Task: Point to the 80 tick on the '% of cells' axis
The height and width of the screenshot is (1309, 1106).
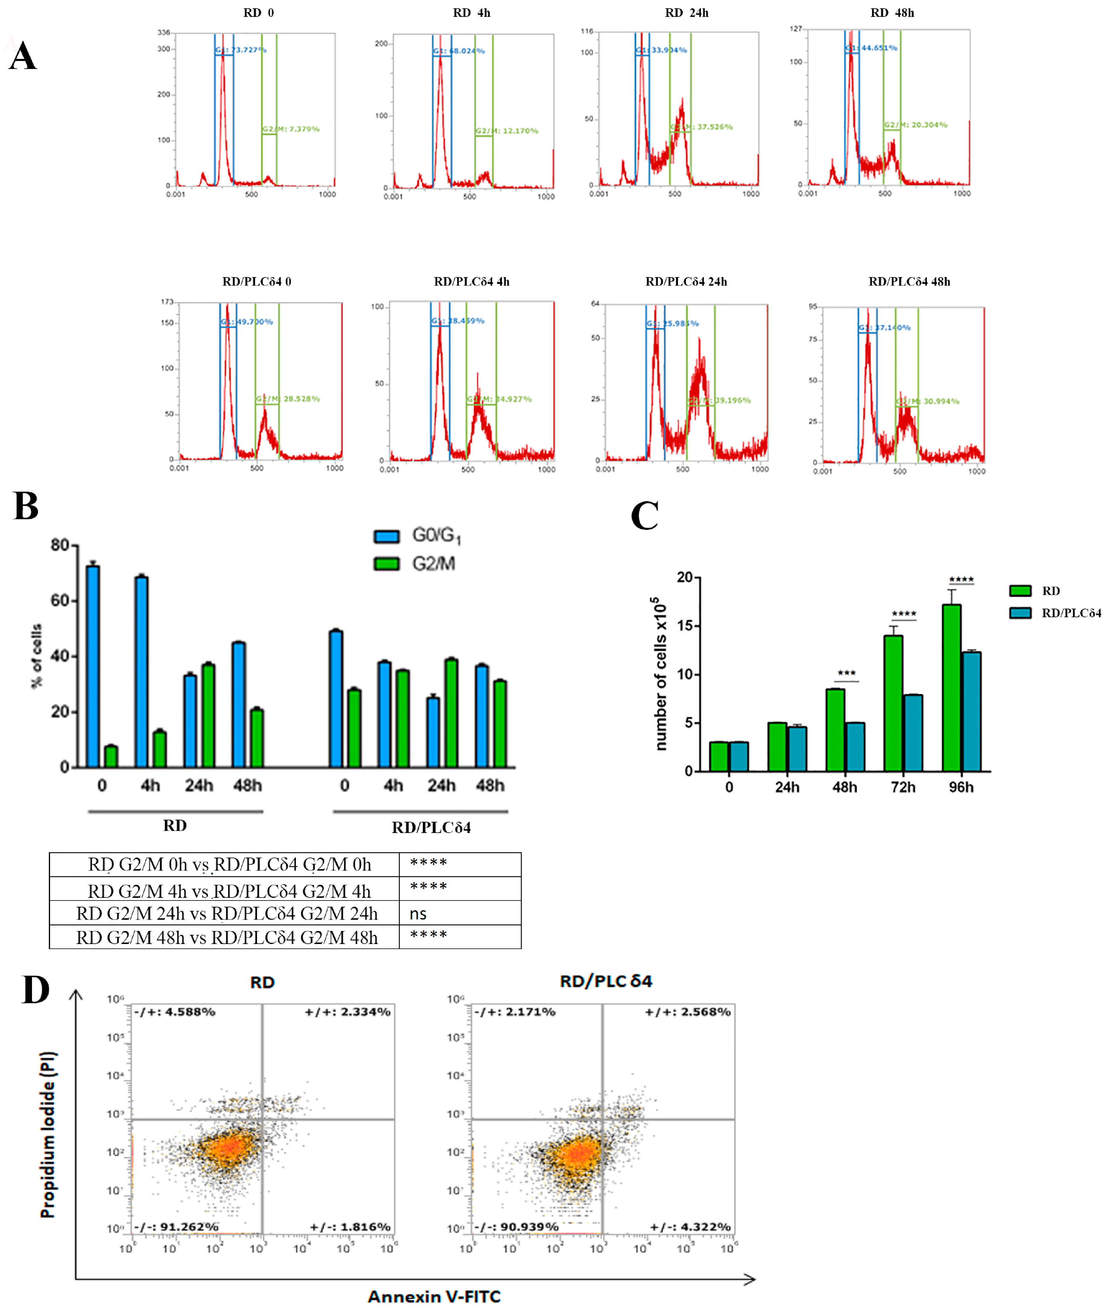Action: [x=60, y=545]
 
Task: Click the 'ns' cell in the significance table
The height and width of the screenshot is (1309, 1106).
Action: [x=418, y=914]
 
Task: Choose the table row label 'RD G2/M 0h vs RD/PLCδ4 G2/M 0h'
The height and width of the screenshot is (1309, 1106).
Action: [x=229, y=865]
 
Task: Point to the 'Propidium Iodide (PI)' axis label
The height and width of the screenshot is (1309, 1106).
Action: [x=48, y=1134]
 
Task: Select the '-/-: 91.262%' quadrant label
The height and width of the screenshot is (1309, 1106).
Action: [x=176, y=1226]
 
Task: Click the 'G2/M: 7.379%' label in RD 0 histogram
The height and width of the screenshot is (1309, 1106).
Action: [x=291, y=129]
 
